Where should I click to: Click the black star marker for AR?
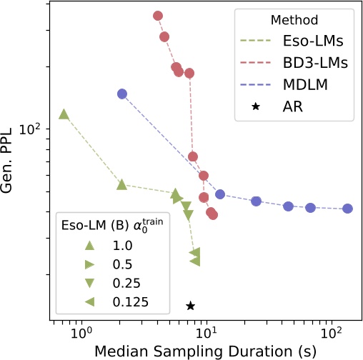(x=190, y=306)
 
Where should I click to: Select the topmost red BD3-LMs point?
(x=158, y=16)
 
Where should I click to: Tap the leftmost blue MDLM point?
(x=122, y=94)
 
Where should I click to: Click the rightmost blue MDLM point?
(x=348, y=209)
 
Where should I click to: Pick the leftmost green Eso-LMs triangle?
(x=64, y=114)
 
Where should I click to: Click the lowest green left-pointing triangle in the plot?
(x=194, y=261)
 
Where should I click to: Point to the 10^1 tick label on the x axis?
(x=206, y=333)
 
